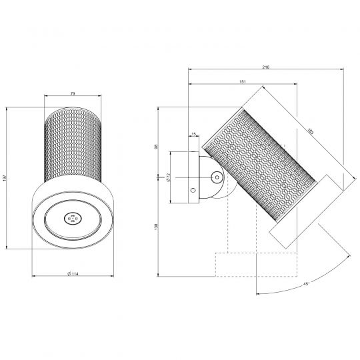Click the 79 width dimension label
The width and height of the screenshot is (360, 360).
(73, 93)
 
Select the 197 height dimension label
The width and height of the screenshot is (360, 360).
(5, 178)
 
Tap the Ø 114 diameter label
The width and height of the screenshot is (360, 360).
(73, 274)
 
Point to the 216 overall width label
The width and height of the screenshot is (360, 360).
(266, 67)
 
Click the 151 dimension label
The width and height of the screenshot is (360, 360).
(243, 82)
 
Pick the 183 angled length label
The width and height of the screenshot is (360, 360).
(311, 131)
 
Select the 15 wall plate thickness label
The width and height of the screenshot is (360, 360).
(194, 134)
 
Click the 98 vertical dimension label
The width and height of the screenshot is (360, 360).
(157, 146)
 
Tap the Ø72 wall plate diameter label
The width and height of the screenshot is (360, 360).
(168, 177)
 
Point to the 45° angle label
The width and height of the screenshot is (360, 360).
(306, 284)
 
